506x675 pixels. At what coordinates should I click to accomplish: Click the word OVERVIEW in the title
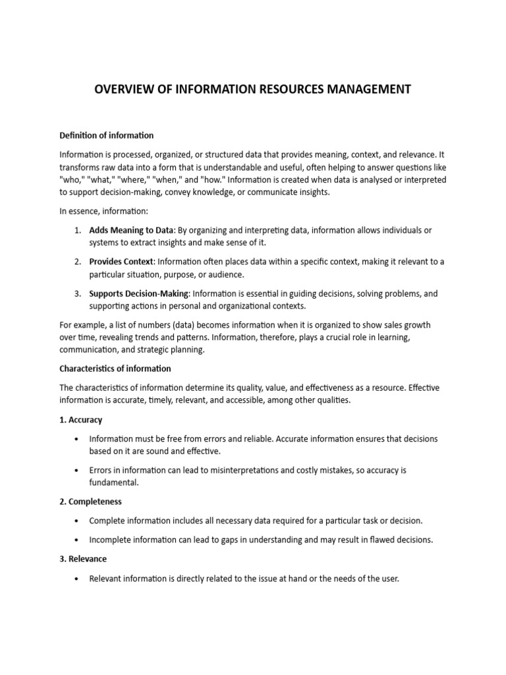tap(126, 90)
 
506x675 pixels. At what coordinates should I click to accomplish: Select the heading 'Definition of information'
tap(106, 135)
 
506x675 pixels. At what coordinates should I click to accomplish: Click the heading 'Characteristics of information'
tap(115, 368)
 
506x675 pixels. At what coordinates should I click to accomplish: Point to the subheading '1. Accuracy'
tap(80, 420)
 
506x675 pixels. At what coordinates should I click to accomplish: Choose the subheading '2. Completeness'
tap(90, 502)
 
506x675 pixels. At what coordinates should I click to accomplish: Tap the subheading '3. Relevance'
tap(84, 559)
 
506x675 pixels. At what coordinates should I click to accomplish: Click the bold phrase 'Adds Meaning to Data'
tap(131, 229)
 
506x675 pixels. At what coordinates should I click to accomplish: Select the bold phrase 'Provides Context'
tap(121, 262)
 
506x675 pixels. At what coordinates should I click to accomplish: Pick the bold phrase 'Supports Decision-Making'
tap(139, 293)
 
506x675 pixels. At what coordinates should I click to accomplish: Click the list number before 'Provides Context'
tap(77, 262)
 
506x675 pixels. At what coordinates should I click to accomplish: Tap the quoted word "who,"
tap(72, 180)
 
